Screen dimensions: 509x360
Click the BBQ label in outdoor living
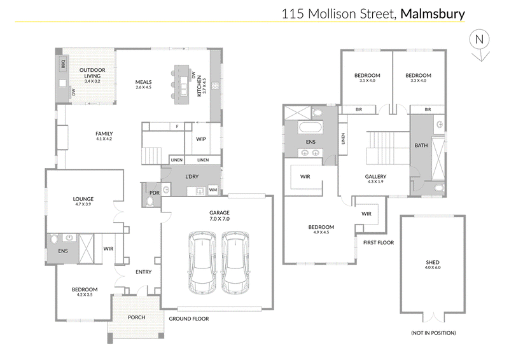pyautogui.click(x=63, y=64)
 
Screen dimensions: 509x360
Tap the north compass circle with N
pyautogui.click(x=480, y=39)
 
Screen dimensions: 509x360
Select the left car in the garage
pyautogui.click(x=202, y=263)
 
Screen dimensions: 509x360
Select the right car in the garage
pyautogui.click(x=235, y=263)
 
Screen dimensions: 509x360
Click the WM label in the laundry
pyautogui.click(x=213, y=190)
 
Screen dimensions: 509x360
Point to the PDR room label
pyautogui.click(x=155, y=193)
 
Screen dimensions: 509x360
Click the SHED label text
pyautogui.click(x=433, y=262)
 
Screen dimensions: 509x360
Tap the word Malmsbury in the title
pyautogui.click(x=433, y=14)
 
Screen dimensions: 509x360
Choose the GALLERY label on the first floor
pyautogui.click(x=375, y=177)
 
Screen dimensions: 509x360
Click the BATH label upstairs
pyautogui.click(x=421, y=146)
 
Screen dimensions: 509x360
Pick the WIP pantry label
pyautogui.click(x=201, y=139)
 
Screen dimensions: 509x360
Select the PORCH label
pyautogui.click(x=136, y=317)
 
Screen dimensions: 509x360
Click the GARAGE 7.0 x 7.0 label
pyautogui.click(x=220, y=216)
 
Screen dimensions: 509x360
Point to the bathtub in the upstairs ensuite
pyautogui.click(x=310, y=127)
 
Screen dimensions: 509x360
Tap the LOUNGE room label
pyautogui.click(x=83, y=199)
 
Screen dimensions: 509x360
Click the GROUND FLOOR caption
pyautogui.click(x=189, y=319)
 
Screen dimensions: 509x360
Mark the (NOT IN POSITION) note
pyautogui.click(x=433, y=333)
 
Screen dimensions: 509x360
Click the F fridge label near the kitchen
pyautogui.click(x=177, y=127)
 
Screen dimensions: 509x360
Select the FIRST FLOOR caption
pyautogui.click(x=379, y=242)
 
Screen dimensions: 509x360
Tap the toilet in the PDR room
pyautogui.click(x=150, y=201)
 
